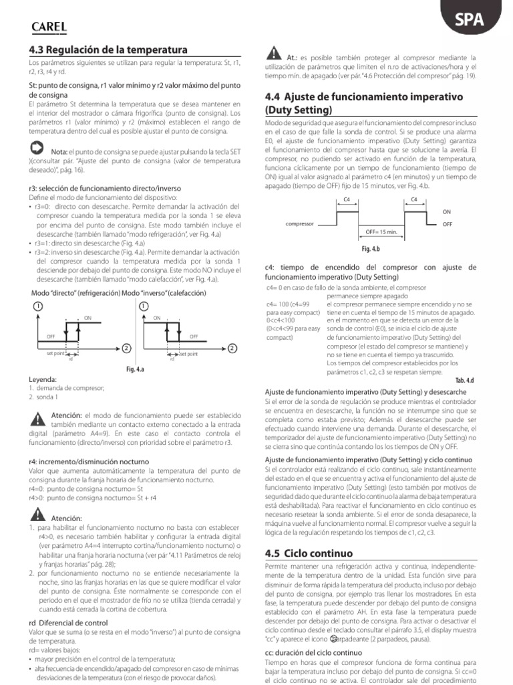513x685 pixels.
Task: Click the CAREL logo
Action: coord(49,26)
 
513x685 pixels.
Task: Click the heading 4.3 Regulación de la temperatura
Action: coord(104,50)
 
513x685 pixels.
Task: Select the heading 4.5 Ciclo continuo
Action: coord(309,553)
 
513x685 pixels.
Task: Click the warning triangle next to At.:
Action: coord(273,54)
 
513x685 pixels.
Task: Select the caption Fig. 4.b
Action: coord(370,249)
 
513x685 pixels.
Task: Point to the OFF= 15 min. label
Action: coord(381,231)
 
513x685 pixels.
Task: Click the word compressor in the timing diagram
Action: coord(299,224)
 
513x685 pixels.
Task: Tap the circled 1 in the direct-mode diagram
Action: coord(37,306)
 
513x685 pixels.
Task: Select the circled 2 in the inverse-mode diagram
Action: coord(232,349)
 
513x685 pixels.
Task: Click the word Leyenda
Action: coord(43,379)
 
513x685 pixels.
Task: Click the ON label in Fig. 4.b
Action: coord(447,211)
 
